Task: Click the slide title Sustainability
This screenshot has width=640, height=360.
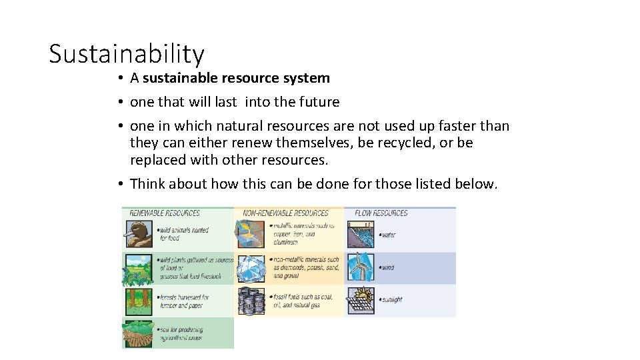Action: point(127,53)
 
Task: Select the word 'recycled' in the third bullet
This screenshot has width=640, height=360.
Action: point(408,143)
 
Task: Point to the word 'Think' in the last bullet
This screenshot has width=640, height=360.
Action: point(149,183)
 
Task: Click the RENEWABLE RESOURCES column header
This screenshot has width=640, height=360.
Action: point(165,213)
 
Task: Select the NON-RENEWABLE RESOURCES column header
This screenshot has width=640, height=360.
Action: point(285,213)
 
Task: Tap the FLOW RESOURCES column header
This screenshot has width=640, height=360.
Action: point(381,213)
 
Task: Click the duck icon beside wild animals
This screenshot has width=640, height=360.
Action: point(139,234)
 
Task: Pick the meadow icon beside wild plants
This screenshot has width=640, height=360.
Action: point(139,268)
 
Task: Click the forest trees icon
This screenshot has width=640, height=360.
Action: point(139,301)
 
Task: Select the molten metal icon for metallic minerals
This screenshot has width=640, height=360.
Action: point(250,234)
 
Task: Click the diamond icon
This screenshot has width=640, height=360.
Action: point(250,267)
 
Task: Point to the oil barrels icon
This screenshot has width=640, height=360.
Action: point(250,301)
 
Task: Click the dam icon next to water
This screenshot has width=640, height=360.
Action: point(360,235)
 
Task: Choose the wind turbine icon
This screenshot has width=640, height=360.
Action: point(360,267)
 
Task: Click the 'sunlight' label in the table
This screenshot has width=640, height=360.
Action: point(391,300)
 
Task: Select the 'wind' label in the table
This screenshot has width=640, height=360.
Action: point(387,268)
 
